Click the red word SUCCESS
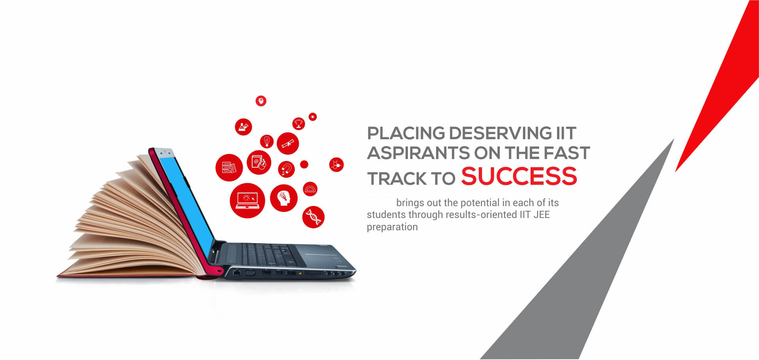pyautogui.click(x=519, y=176)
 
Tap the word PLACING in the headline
pyautogui.click(x=406, y=133)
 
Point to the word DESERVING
pyautogui.click(x=500, y=133)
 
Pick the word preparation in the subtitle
pyautogui.click(x=392, y=227)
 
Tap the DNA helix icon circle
pyautogui.click(x=313, y=217)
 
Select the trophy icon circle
pyautogui.click(x=298, y=123)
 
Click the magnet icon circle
pyautogui.click(x=286, y=169)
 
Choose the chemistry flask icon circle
pyautogui.click(x=244, y=127)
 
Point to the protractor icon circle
pyautogui.click(x=310, y=189)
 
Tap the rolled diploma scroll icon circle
pyautogui.click(x=288, y=144)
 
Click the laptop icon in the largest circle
pyautogui.click(x=247, y=200)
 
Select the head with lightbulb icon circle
pyautogui.click(x=284, y=198)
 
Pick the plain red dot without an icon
pyautogui.click(x=304, y=164)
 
